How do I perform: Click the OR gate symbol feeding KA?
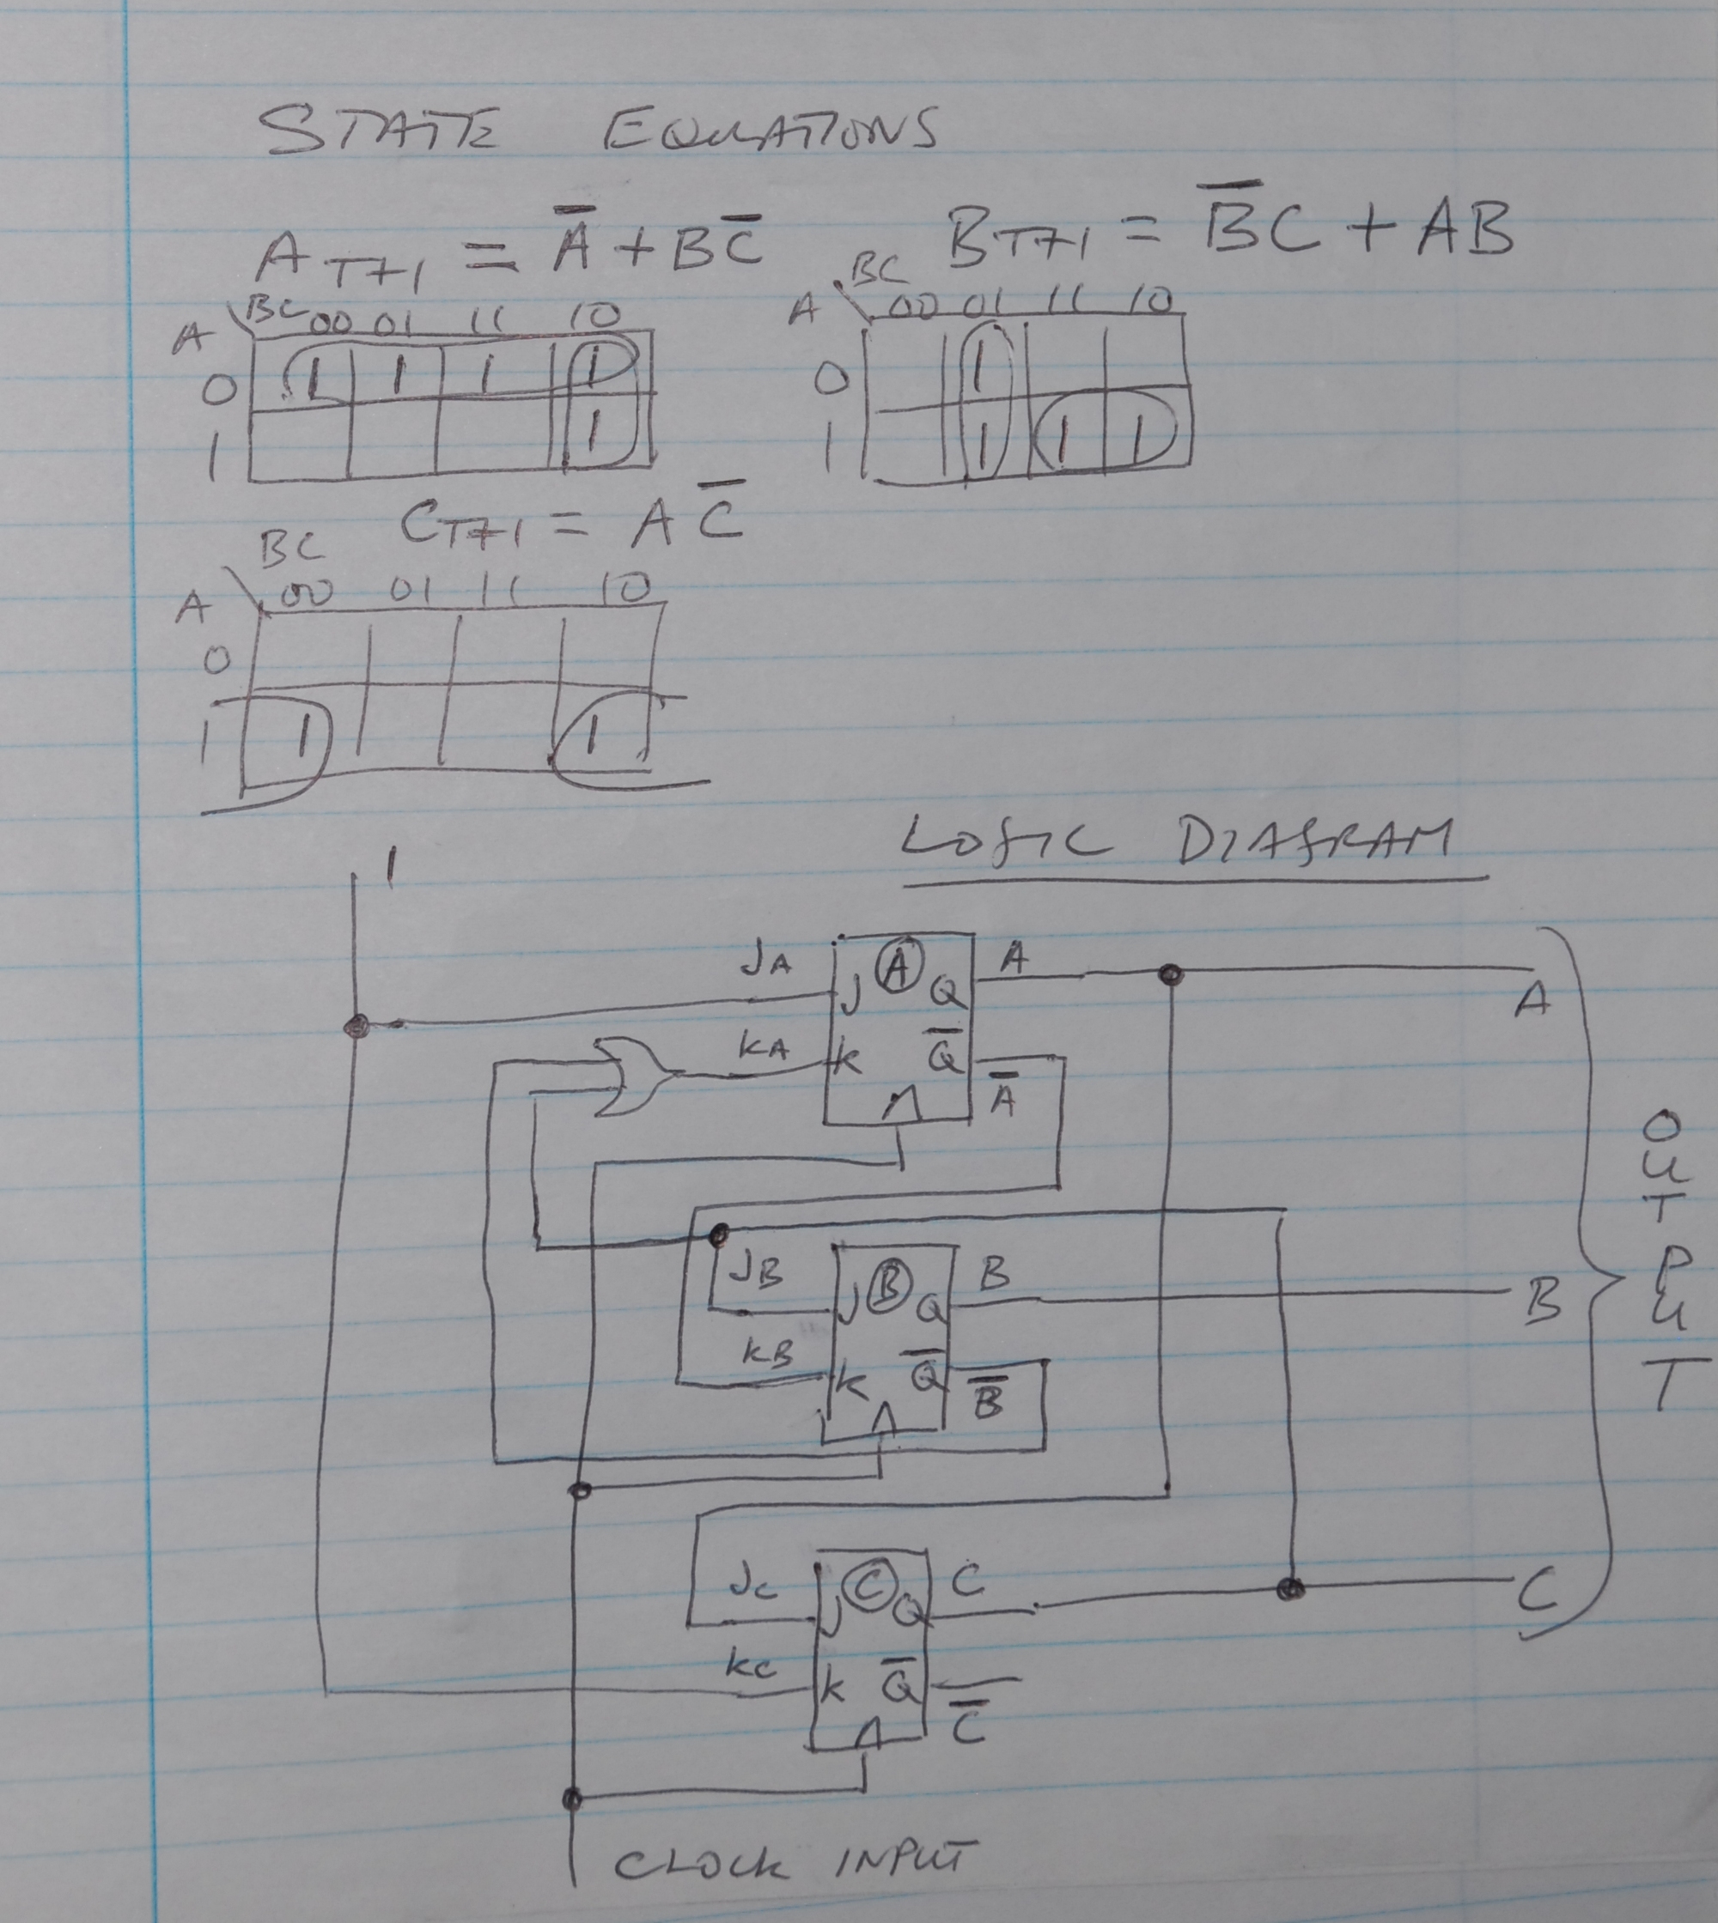[x=630, y=1077]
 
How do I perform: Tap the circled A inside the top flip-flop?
[x=898, y=968]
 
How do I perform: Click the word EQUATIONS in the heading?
[x=770, y=131]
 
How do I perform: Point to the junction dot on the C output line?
[x=1290, y=1589]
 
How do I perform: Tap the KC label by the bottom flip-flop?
[x=751, y=1664]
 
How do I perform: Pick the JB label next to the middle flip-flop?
[x=755, y=1274]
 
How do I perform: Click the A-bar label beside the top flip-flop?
[x=1002, y=1095]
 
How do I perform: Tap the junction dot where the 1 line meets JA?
[x=356, y=1027]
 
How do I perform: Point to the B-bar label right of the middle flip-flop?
[x=987, y=1401]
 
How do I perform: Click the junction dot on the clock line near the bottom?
[x=572, y=1798]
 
